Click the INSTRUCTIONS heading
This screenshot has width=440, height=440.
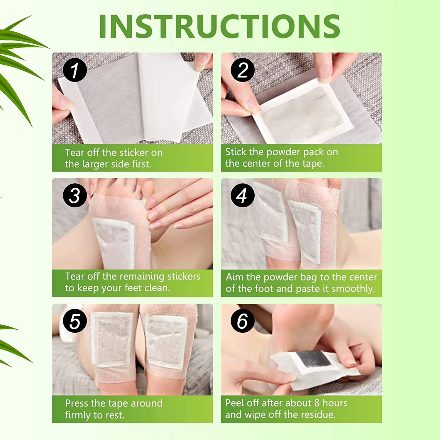[219, 26]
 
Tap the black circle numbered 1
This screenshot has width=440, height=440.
[75, 70]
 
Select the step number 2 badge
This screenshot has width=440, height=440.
[242, 70]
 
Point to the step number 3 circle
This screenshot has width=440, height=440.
[75, 195]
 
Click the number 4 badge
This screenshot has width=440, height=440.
[242, 195]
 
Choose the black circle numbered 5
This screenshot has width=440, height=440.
[75, 321]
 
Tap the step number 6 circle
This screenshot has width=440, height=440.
[242, 321]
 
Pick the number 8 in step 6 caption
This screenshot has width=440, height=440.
[317, 403]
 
